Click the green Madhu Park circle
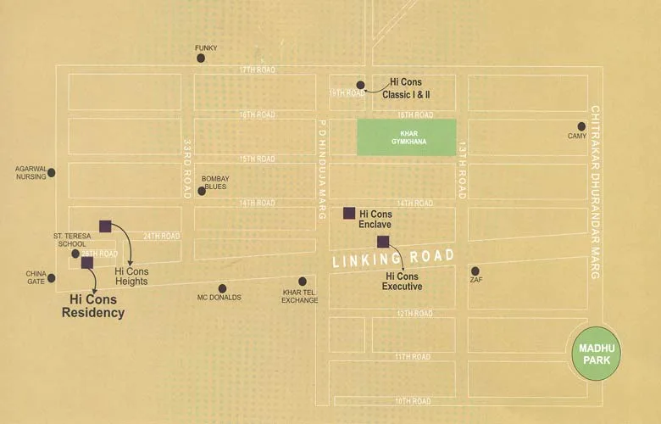pyautogui.click(x=596, y=354)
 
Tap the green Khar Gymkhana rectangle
pyautogui.click(x=406, y=137)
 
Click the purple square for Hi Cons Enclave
pyautogui.click(x=348, y=213)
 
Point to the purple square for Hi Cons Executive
pyautogui.click(x=383, y=242)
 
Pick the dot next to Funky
pyautogui.click(x=201, y=59)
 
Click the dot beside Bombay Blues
pyautogui.click(x=202, y=191)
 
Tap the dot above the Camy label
pyautogui.click(x=581, y=126)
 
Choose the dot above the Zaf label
pyautogui.click(x=475, y=271)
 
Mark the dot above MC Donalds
pyautogui.click(x=222, y=288)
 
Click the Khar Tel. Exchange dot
pyautogui.click(x=303, y=282)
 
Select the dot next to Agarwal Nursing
pyautogui.click(x=51, y=172)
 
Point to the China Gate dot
pyautogui.click(x=51, y=277)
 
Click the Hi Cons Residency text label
pyautogui.click(x=93, y=305)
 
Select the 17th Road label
pyautogui.click(x=258, y=70)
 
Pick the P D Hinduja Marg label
pyautogui.click(x=322, y=170)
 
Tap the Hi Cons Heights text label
pyautogui.click(x=131, y=276)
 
